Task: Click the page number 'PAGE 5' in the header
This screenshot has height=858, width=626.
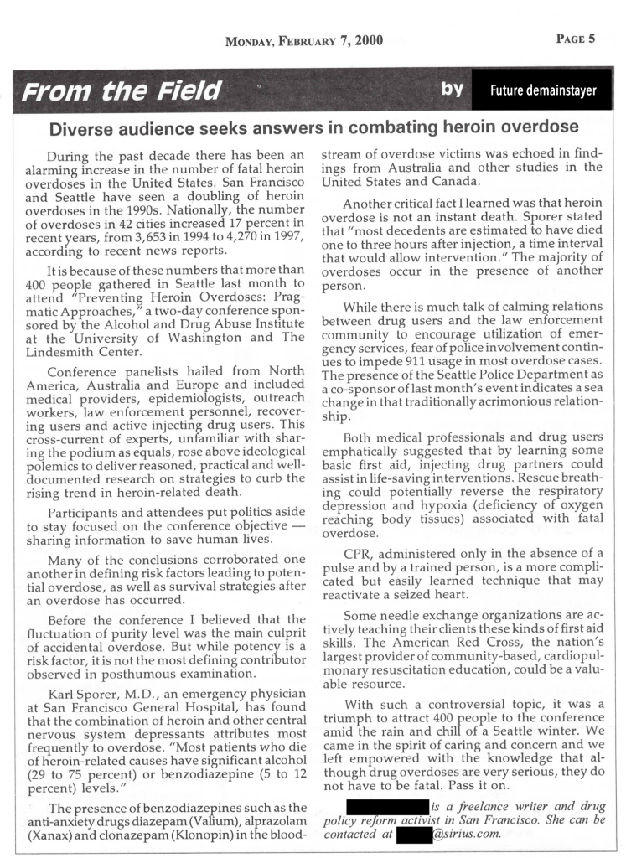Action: click(575, 39)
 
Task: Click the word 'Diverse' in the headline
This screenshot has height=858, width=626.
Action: click(85, 128)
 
